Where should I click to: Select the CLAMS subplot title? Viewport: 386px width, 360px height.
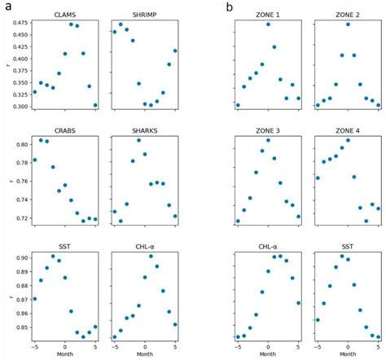[65, 15]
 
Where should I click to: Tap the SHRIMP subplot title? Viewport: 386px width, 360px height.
[144, 15]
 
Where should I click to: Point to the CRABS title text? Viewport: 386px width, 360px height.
[65, 131]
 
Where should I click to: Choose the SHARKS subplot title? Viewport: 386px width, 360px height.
[144, 131]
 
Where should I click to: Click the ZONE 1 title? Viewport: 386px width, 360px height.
[268, 15]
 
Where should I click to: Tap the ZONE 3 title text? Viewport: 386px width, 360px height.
[268, 131]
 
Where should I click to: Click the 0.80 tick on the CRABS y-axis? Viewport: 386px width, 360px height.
[20, 144]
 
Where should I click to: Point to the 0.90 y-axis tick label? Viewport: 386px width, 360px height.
[20, 257]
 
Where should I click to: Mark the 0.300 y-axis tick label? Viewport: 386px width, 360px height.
[16, 107]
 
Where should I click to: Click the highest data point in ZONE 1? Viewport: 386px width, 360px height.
[268, 24]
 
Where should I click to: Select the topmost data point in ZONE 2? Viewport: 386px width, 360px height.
[348, 24]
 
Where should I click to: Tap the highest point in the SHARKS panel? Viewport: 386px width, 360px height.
[138, 140]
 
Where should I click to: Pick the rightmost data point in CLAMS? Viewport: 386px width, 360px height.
[95, 105]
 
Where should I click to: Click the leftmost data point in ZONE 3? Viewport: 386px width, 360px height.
[238, 221]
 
